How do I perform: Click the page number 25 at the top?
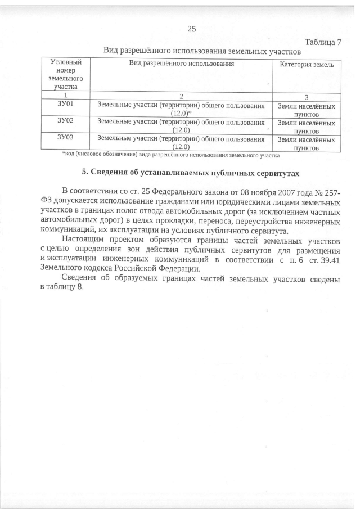(x=191, y=29)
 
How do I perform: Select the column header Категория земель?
(x=307, y=65)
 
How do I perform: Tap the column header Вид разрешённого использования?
(x=181, y=64)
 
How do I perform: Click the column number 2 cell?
(x=181, y=96)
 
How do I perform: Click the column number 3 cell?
(x=307, y=96)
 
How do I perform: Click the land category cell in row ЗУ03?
(x=307, y=143)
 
